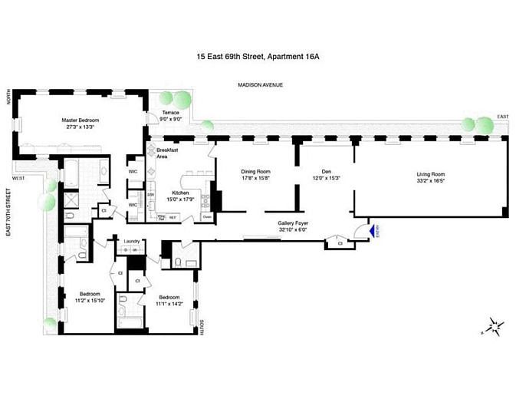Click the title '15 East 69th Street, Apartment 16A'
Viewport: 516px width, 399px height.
[258, 55]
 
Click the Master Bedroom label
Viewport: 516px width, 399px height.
[81, 120]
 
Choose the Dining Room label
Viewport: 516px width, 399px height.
[255, 173]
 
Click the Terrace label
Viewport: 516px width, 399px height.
[170, 113]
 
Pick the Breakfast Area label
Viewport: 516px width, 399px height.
[167, 153]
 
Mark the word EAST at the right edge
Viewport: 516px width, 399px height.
[503, 117]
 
